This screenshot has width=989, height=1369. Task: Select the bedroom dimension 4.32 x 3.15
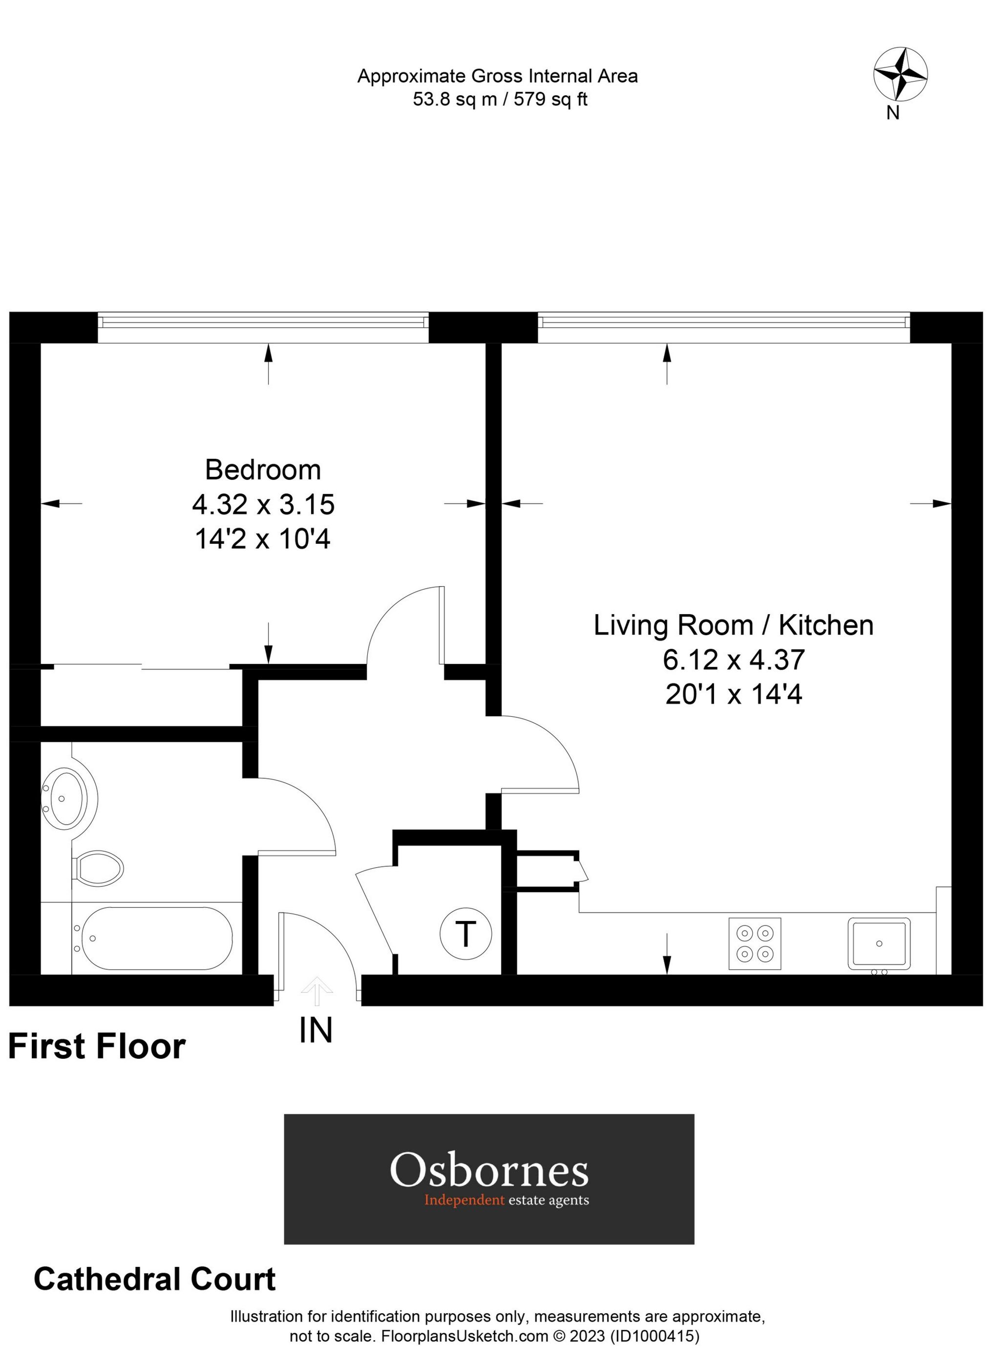[x=263, y=504]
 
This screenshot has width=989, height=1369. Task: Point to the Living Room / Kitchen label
[x=733, y=625]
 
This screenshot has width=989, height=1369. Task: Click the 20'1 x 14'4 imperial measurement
[x=733, y=695]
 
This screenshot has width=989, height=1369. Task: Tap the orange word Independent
[x=463, y=1200]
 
